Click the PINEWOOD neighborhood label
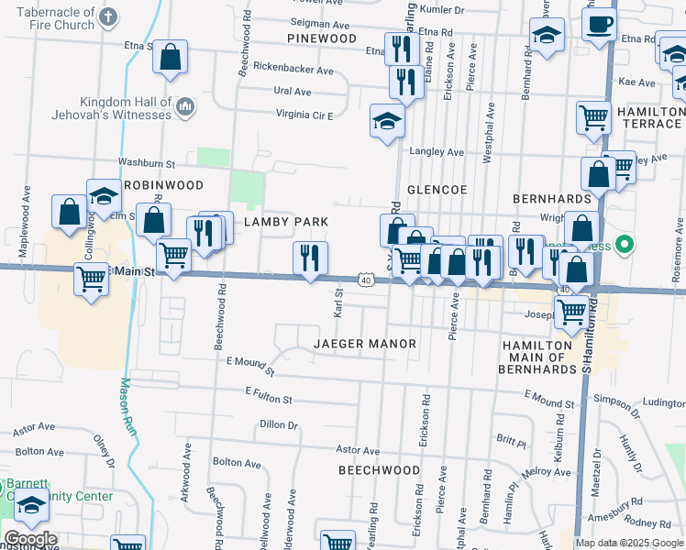pos(321,38)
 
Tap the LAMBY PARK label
pos(285,222)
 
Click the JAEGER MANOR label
pos(365,344)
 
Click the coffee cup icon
pos(599,25)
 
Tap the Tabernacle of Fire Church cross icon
pos(107,16)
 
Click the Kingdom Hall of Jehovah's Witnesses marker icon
pos(184,107)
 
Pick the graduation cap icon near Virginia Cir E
pos(387,120)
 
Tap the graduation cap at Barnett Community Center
pos(31,506)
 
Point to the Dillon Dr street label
pos(280,424)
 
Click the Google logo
pos(30,539)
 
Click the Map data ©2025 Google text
pos(627,543)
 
